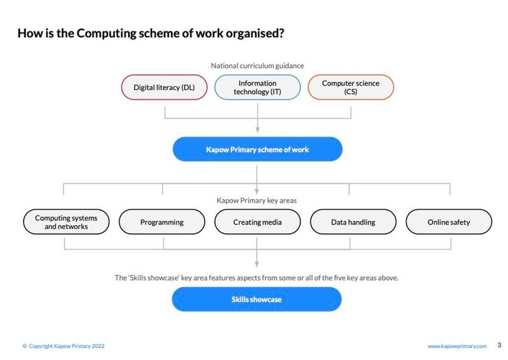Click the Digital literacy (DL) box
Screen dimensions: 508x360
[x=164, y=87]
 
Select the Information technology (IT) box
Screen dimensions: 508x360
[x=258, y=87]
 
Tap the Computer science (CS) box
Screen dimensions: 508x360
[x=351, y=87]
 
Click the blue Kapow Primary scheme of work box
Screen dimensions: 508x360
[x=258, y=149]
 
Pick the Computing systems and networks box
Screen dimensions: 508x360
[x=66, y=222]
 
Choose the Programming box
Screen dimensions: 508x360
[x=162, y=222]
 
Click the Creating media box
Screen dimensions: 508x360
[x=258, y=222]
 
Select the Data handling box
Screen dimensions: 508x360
[x=353, y=222]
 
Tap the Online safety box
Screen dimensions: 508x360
[x=448, y=222]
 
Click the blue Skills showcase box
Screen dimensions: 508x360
[x=257, y=299]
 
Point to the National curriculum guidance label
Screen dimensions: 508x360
[x=258, y=66]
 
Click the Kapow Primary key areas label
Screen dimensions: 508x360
[x=257, y=200]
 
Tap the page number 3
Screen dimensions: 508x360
[x=499, y=345]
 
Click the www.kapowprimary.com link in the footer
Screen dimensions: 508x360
[x=457, y=346]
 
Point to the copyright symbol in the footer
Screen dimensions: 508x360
[x=25, y=346]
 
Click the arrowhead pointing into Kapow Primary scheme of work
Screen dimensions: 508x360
[x=258, y=130]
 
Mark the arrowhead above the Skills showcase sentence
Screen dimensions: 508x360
[x=257, y=264]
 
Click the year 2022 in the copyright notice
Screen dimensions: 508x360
[x=98, y=346]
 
